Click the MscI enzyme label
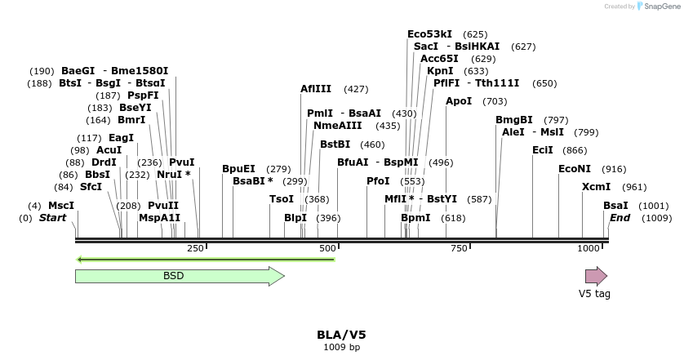(61, 206)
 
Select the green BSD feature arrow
(180, 276)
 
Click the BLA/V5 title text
(341, 335)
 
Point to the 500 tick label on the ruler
(327, 248)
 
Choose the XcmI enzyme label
(596, 187)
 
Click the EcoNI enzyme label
(575, 169)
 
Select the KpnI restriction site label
(440, 71)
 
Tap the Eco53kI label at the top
(429, 34)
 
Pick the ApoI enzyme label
(459, 101)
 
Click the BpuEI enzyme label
(238, 169)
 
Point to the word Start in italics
(52, 218)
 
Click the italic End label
(620, 218)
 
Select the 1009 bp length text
(341, 347)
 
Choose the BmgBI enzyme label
(514, 120)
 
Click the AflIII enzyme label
(316, 89)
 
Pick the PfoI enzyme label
(378, 181)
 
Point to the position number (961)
(634, 187)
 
